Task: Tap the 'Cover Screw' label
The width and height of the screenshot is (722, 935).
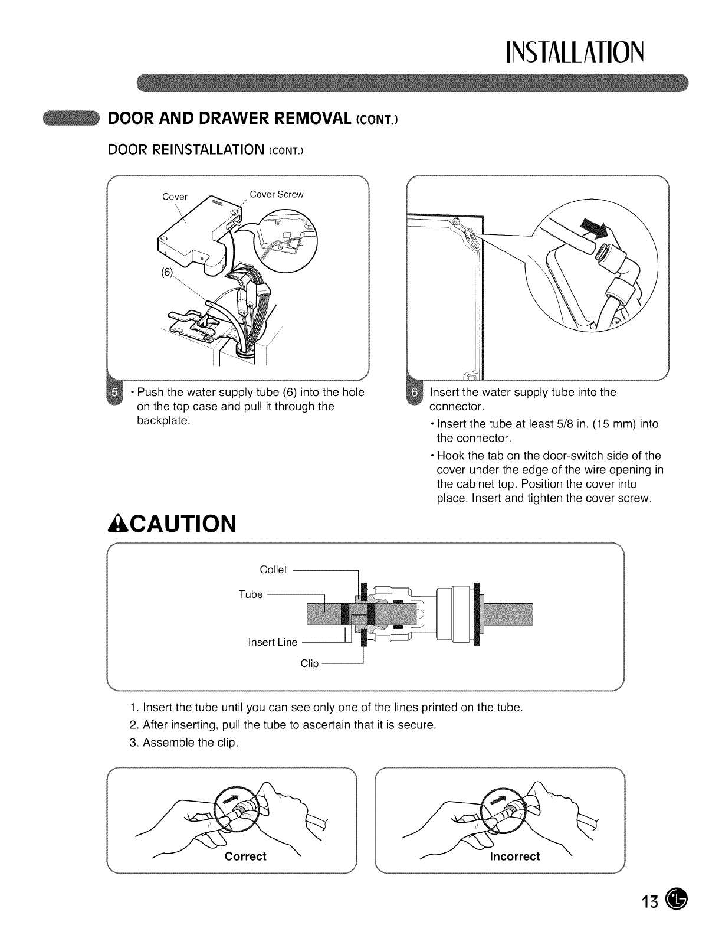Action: (x=276, y=194)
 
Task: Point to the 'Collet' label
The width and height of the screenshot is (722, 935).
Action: (x=273, y=570)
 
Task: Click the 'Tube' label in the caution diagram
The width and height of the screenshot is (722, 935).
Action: (x=251, y=594)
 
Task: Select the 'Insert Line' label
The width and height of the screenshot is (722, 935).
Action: (x=273, y=642)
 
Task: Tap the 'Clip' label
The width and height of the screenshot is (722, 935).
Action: (x=309, y=663)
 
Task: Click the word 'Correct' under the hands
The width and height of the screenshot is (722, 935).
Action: (x=245, y=856)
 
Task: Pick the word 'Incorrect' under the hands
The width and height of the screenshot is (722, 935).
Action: (x=514, y=856)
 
